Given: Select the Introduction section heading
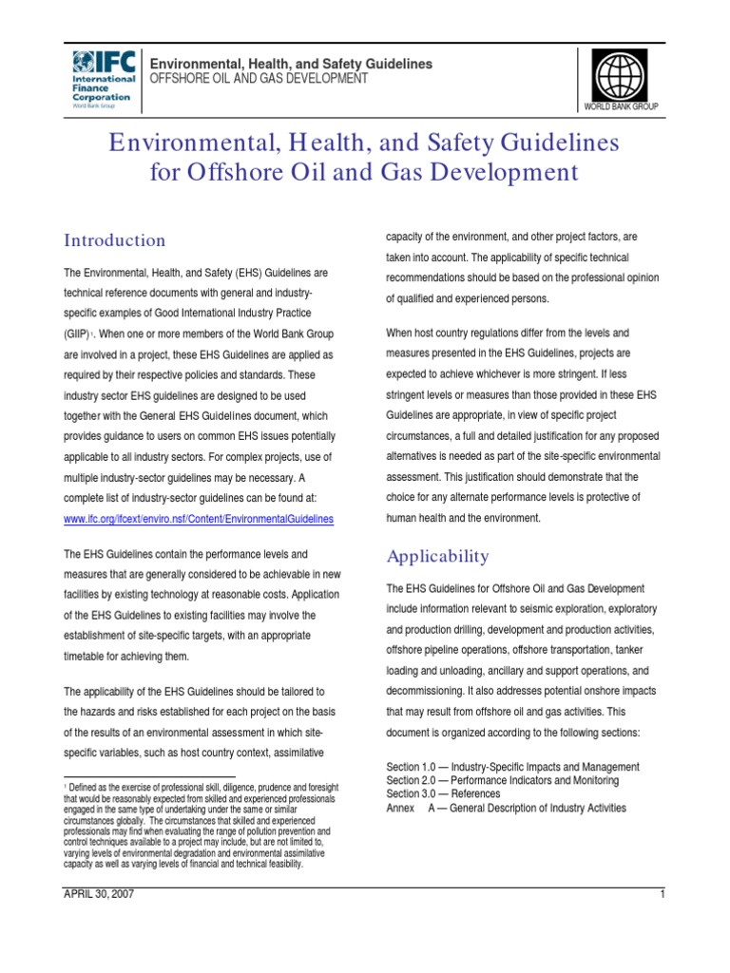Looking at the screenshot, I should tap(114, 240).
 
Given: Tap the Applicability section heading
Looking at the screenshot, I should tap(437, 556).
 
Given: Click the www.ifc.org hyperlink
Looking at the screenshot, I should tap(199, 519).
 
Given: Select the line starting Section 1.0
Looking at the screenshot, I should tap(512, 767).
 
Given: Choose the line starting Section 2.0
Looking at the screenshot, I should tap(502, 780).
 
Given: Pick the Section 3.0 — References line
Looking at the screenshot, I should tap(443, 793).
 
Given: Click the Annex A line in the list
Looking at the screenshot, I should tap(506, 808).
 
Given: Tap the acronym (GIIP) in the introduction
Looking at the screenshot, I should tap(79, 335).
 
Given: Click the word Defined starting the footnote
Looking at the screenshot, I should tap(85, 788).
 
